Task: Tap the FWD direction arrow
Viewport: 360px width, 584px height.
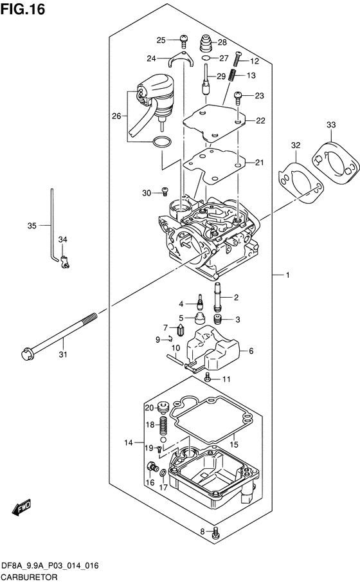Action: (x=21, y=508)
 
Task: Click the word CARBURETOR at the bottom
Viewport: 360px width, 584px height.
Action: (x=29, y=578)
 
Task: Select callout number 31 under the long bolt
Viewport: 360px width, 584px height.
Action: (x=63, y=354)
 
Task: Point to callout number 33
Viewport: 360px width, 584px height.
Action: (x=331, y=125)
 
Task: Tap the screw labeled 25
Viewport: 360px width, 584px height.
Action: (x=183, y=41)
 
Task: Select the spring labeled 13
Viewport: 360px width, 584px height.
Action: (x=232, y=77)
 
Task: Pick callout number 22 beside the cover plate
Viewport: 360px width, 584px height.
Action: (x=260, y=121)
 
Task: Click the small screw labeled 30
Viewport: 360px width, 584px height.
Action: (x=165, y=192)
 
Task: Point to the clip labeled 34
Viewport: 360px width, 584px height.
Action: (x=65, y=261)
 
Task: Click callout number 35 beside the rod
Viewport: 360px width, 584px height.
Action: (x=32, y=226)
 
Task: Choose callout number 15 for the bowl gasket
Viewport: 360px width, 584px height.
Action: (x=234, y=444)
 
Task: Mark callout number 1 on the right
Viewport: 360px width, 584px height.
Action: (x=287, y=275)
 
